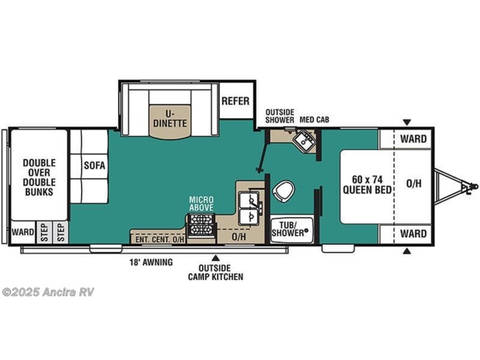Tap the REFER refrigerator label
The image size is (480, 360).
click(x=234, y=101)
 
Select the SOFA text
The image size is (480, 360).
click(x=93, y=165)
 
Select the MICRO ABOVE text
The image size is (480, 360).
click(x=201, y=204)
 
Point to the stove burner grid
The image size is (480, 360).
click(x=201, y=228)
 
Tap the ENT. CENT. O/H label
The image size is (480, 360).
click(x=158, y=238)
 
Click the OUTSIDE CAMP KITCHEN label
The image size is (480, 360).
click(x=215, y=272)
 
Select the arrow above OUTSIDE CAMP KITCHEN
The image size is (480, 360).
click(x=215, y=257)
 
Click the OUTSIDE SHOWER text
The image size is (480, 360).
click(x=279, y=115)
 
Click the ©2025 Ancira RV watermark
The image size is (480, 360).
click(x=48, y=292)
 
